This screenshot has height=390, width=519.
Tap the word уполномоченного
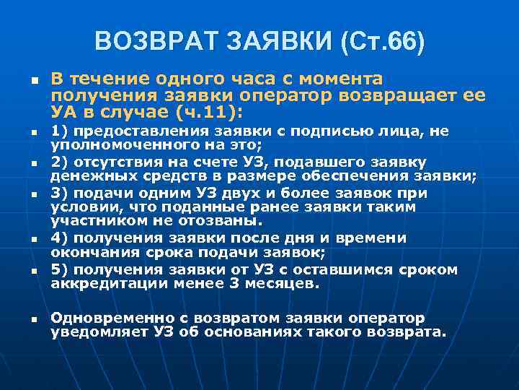[x=109, y=144]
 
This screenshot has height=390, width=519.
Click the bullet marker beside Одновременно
[x=30, y=318]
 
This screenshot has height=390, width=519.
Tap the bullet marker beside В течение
[x=30, y=79]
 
